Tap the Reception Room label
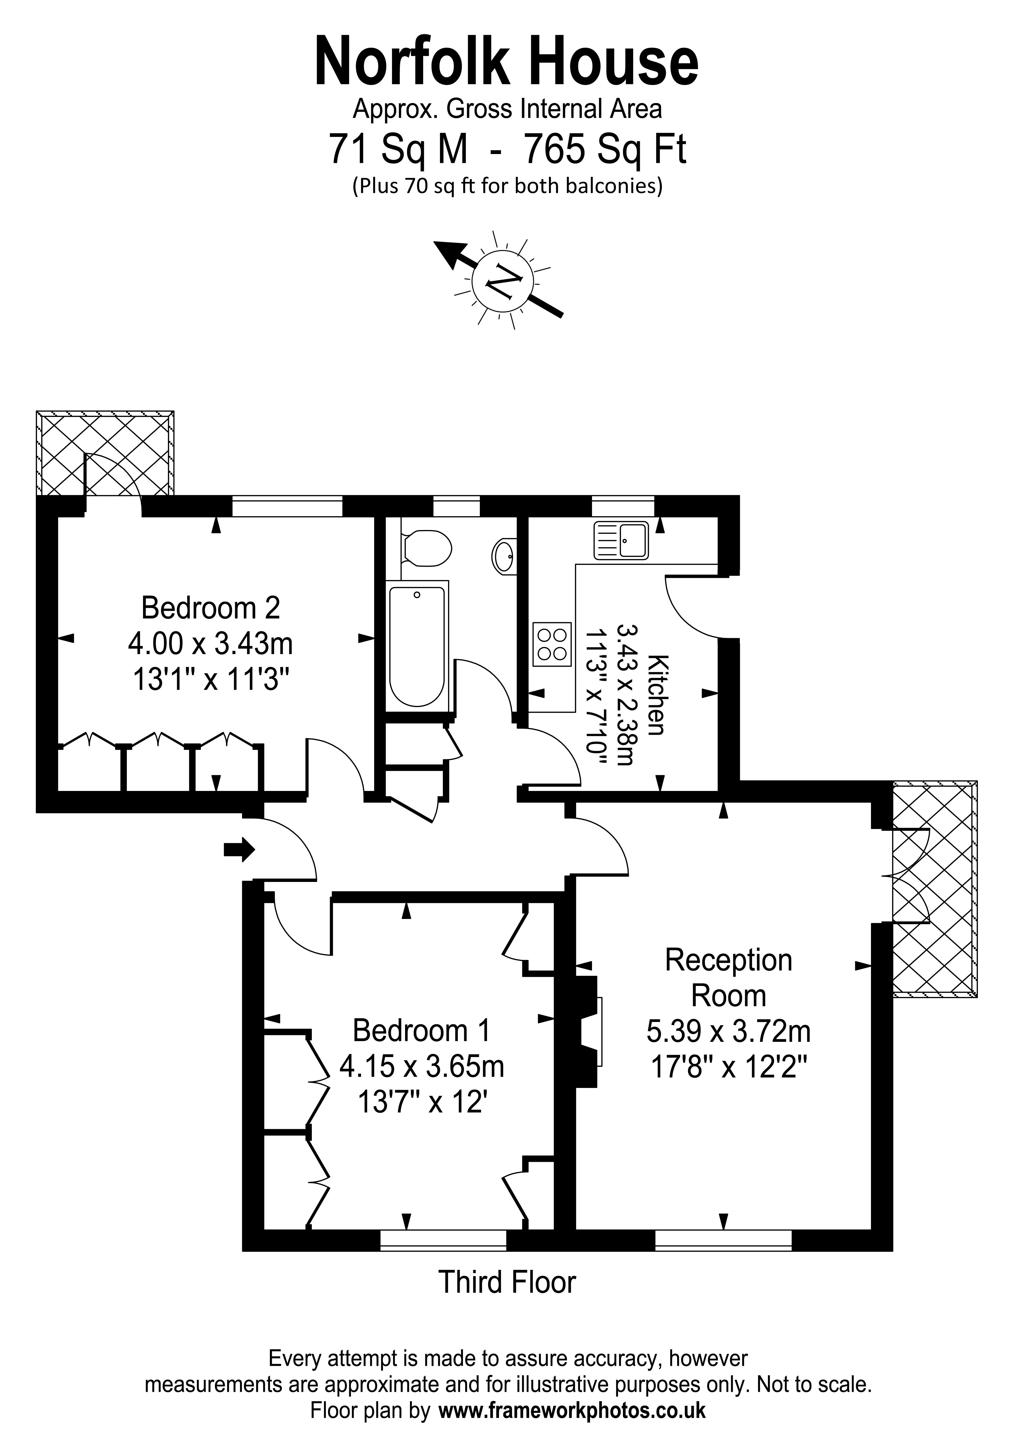pyautogui.click(x=728, y=977)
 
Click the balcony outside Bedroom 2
pyautogui.click(x=105, y=453)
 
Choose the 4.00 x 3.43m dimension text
pyautogui.click(x=211, y=643)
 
